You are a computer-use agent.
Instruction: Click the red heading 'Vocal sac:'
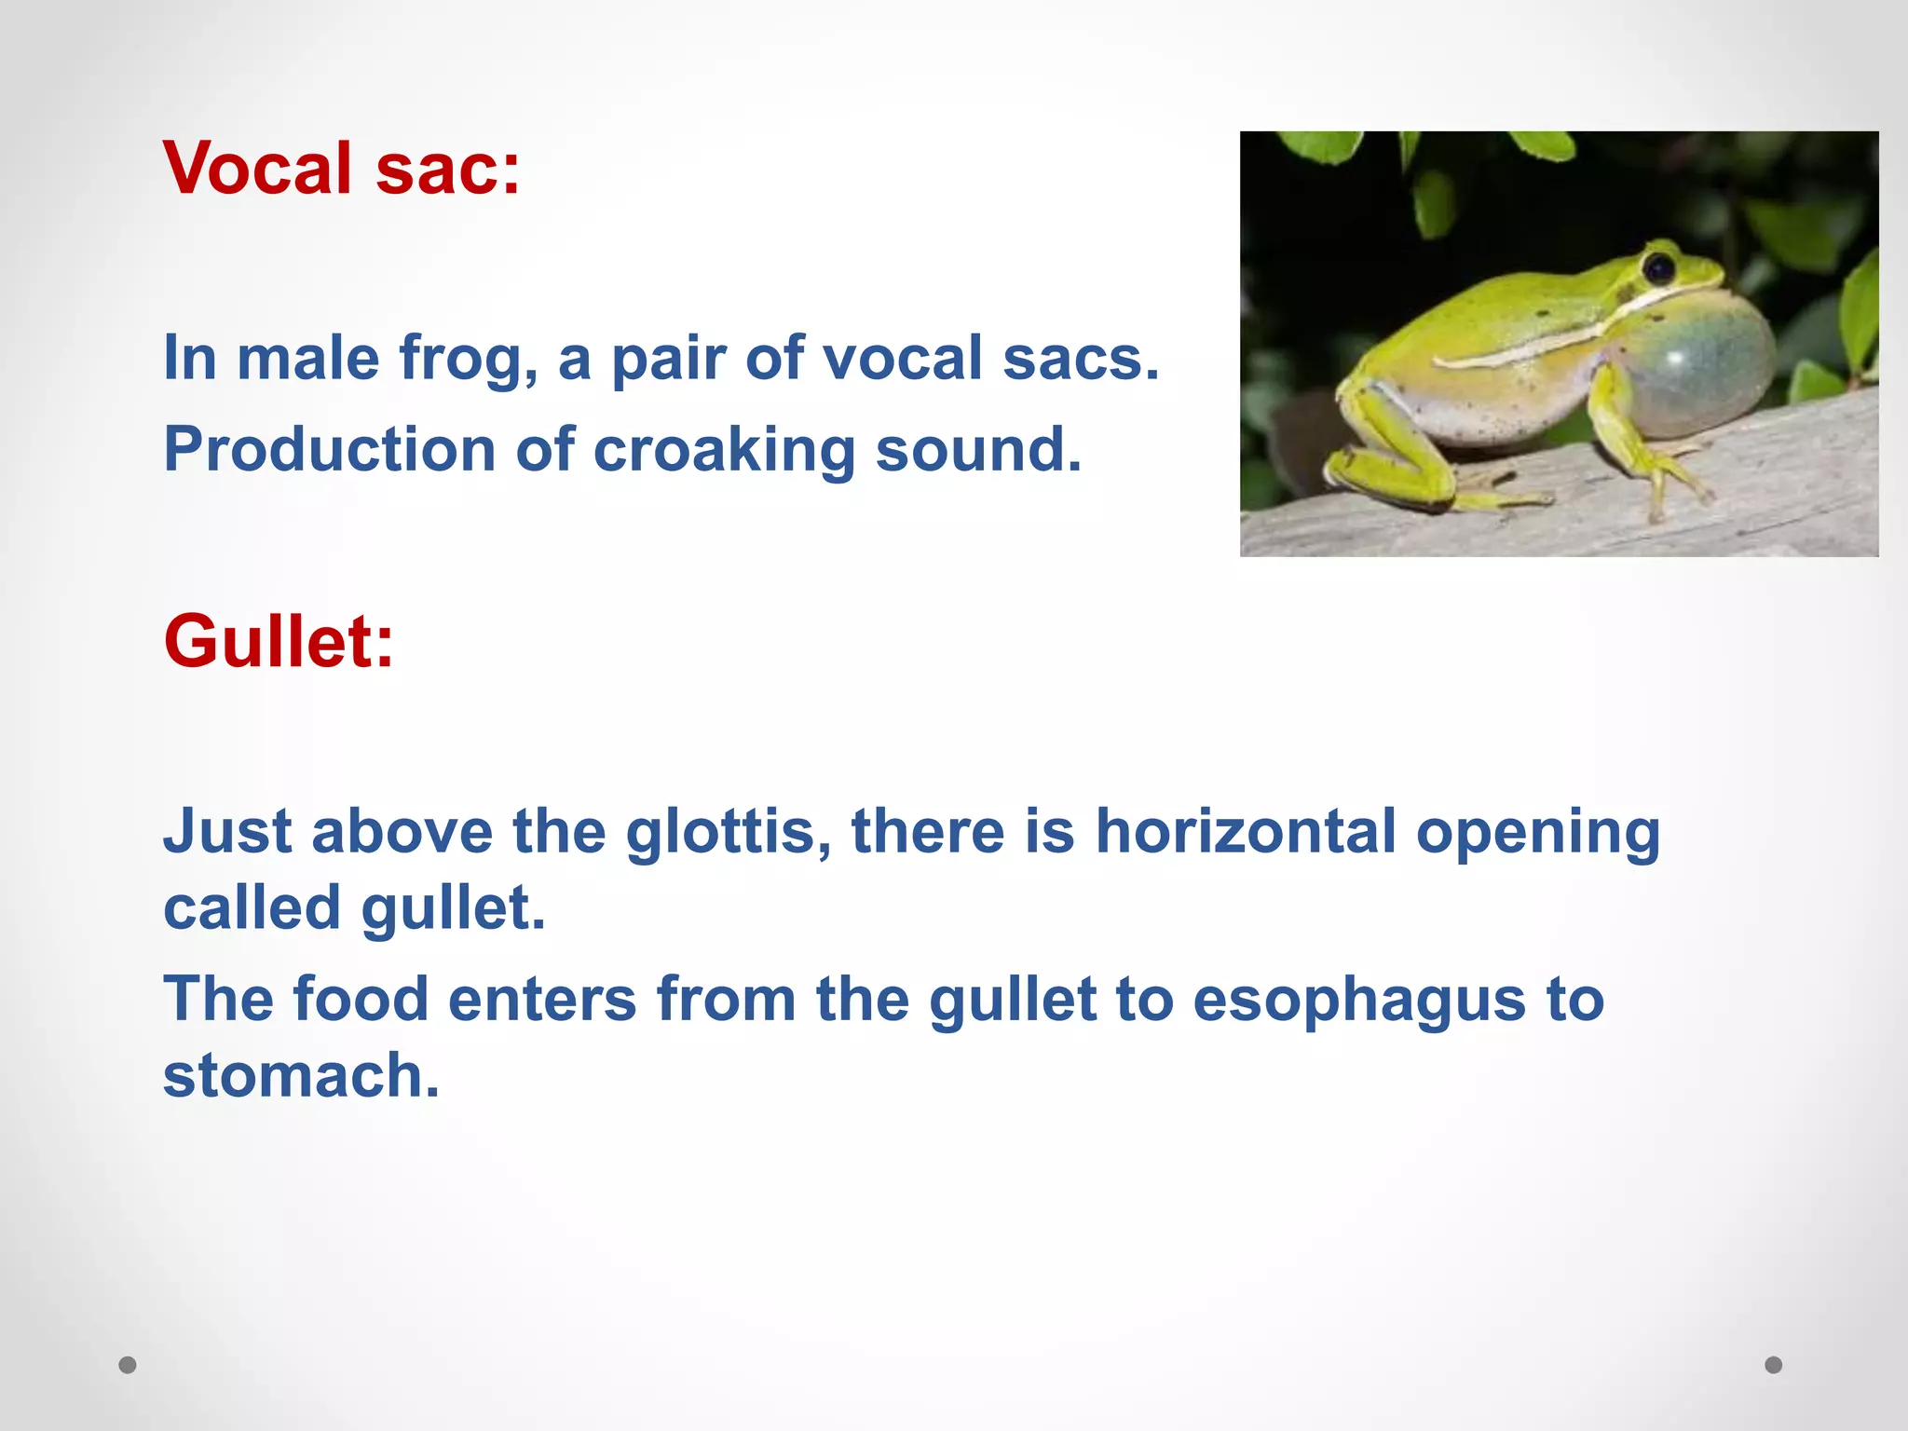(341, 169)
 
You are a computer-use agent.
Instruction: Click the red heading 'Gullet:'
(279, 642)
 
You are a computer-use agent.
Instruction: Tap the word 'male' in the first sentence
(308, 359)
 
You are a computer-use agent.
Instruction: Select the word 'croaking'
(723, 451)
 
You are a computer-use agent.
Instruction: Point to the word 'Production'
(329, 450)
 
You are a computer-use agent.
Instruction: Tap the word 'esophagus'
(1359, 1000)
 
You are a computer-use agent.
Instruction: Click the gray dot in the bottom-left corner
(128, 1365)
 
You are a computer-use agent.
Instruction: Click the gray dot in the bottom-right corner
(1774, 1365)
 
